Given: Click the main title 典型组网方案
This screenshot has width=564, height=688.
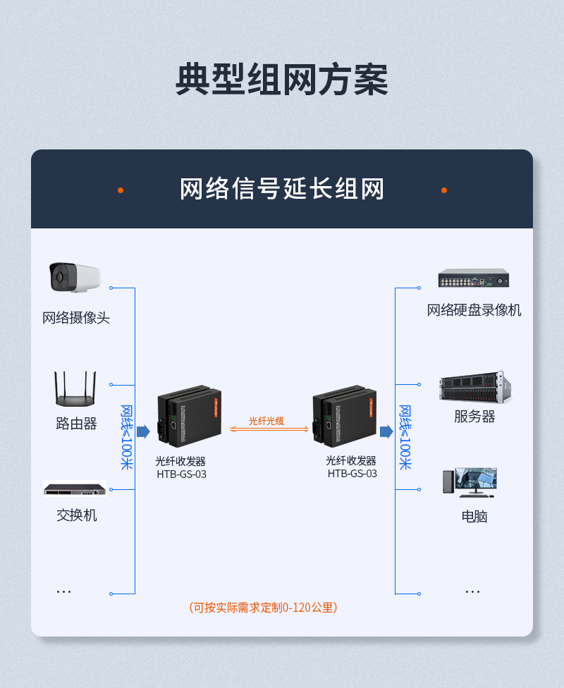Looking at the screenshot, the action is (282, 80).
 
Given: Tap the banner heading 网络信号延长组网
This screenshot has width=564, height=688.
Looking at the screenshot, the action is (282, 189).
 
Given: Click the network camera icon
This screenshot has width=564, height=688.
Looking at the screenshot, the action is (75, 277).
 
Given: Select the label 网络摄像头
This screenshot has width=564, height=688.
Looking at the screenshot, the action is (76, 318).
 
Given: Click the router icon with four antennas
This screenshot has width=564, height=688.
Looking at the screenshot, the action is (75, 388).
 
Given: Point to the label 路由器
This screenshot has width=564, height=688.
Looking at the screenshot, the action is (76, 424).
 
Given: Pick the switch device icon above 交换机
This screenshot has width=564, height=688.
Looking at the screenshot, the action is (75, 489).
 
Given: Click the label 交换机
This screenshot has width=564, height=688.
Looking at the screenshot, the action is (76, 515).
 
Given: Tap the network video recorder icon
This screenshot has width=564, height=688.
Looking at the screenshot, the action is (474, 278).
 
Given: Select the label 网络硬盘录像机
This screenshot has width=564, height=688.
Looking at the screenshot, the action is (474, 310).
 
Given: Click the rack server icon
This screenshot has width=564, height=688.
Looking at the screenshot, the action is (475, 387).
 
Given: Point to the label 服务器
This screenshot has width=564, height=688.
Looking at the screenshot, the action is (474, 417).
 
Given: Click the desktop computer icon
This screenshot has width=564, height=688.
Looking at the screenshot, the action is (470, 482).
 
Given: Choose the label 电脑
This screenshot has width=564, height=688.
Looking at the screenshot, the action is (474, 517).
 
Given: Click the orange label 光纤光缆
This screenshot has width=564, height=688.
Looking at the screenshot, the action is (266, 422).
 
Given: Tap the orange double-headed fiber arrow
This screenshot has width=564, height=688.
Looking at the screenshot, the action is (269, 429).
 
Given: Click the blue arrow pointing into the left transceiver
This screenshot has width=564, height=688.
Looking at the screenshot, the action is (143, 431).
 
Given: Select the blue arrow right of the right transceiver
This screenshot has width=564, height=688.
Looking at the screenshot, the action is (386, 431).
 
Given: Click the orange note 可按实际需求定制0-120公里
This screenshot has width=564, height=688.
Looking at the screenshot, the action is (264, 608).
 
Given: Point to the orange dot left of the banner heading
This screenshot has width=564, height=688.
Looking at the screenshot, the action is (121, 190).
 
